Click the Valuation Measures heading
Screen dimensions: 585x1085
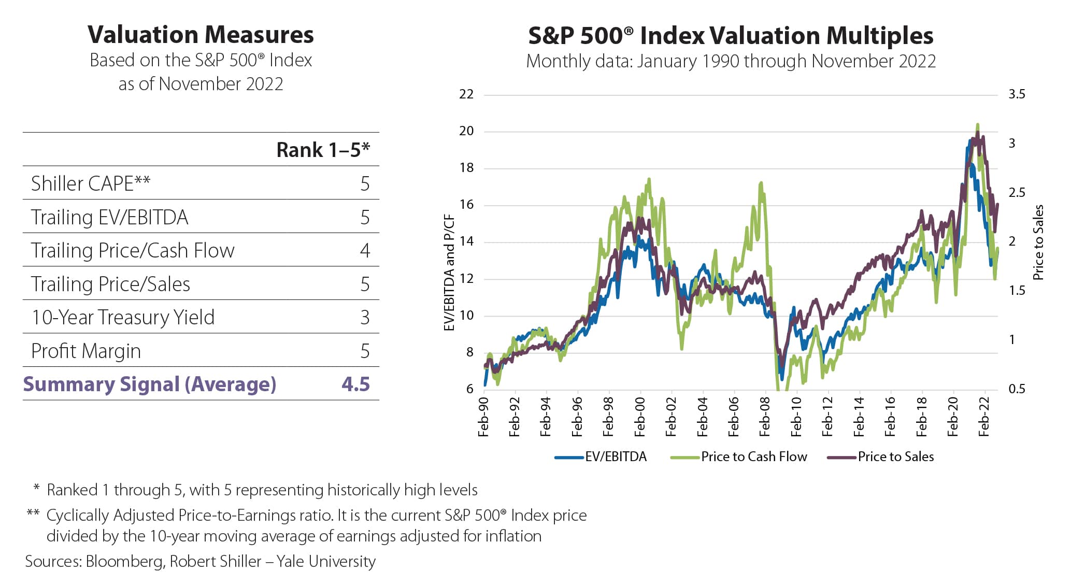(201, 35)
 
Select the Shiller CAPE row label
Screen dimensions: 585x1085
(91, 183)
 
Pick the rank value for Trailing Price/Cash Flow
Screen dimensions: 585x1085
(365, 250)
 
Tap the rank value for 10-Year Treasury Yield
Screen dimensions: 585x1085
(365, 317)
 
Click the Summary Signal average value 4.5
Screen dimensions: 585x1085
(355, 384)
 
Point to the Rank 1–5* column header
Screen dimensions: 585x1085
(323, 150)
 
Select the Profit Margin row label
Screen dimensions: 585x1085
(86, 351)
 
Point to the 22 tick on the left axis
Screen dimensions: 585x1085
(466, 94)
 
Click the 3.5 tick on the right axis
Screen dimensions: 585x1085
(1017, 94)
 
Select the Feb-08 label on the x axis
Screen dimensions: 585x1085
(765, 417)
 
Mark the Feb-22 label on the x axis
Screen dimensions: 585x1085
(984, 417)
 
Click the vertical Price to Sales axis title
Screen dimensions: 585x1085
(1038, 242)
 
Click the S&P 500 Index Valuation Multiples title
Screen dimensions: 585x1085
(731, 36)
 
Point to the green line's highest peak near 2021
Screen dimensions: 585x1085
(977, 125)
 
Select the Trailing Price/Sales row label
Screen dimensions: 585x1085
(110, 284)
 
